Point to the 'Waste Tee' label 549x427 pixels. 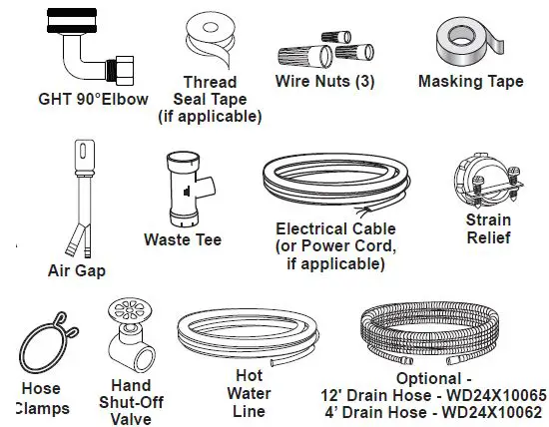(183, 239)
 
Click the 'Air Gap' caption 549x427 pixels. (76, 269)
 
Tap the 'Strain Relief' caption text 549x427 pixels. (487, 228)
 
